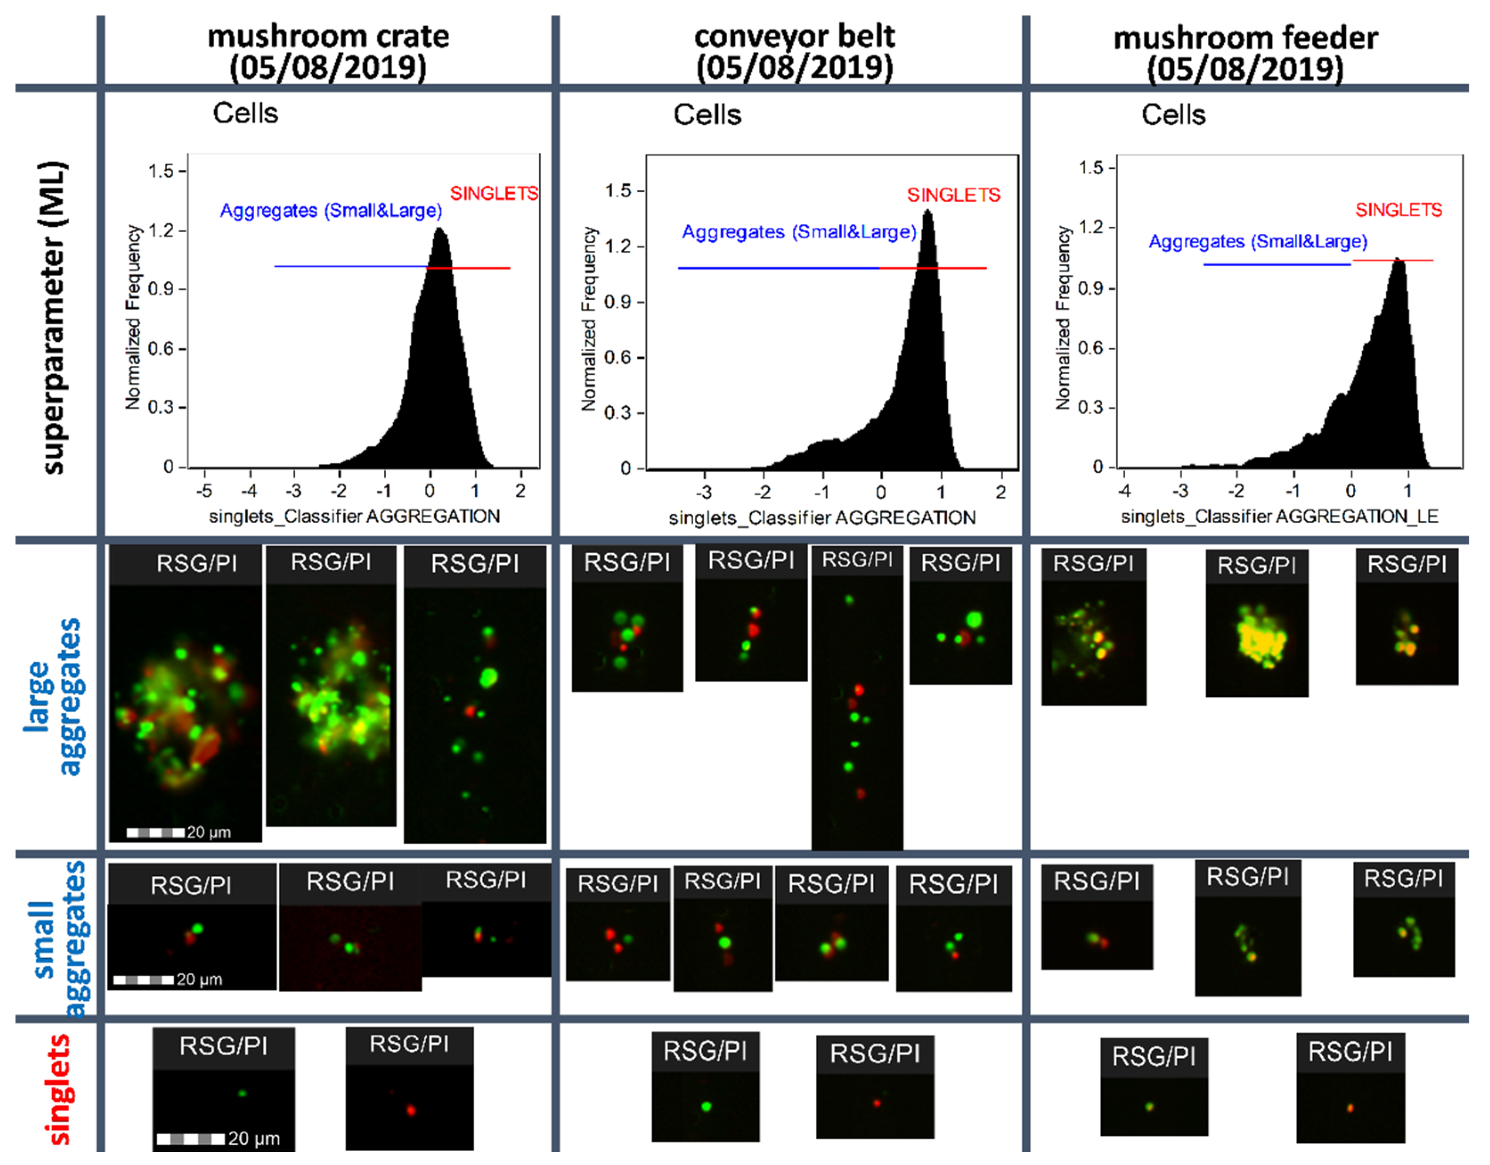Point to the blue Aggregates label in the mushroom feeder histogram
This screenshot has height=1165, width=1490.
[1258, 241]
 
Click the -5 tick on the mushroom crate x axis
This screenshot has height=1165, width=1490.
[204, 491]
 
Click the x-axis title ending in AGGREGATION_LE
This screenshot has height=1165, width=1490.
[1279, 517]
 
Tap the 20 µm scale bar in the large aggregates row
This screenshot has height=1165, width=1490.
[155, 833]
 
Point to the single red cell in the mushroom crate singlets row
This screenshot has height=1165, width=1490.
[411, 1110]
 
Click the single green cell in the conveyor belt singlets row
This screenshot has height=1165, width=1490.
[706, 1106]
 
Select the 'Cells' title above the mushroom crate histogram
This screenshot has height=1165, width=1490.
[246, 113]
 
